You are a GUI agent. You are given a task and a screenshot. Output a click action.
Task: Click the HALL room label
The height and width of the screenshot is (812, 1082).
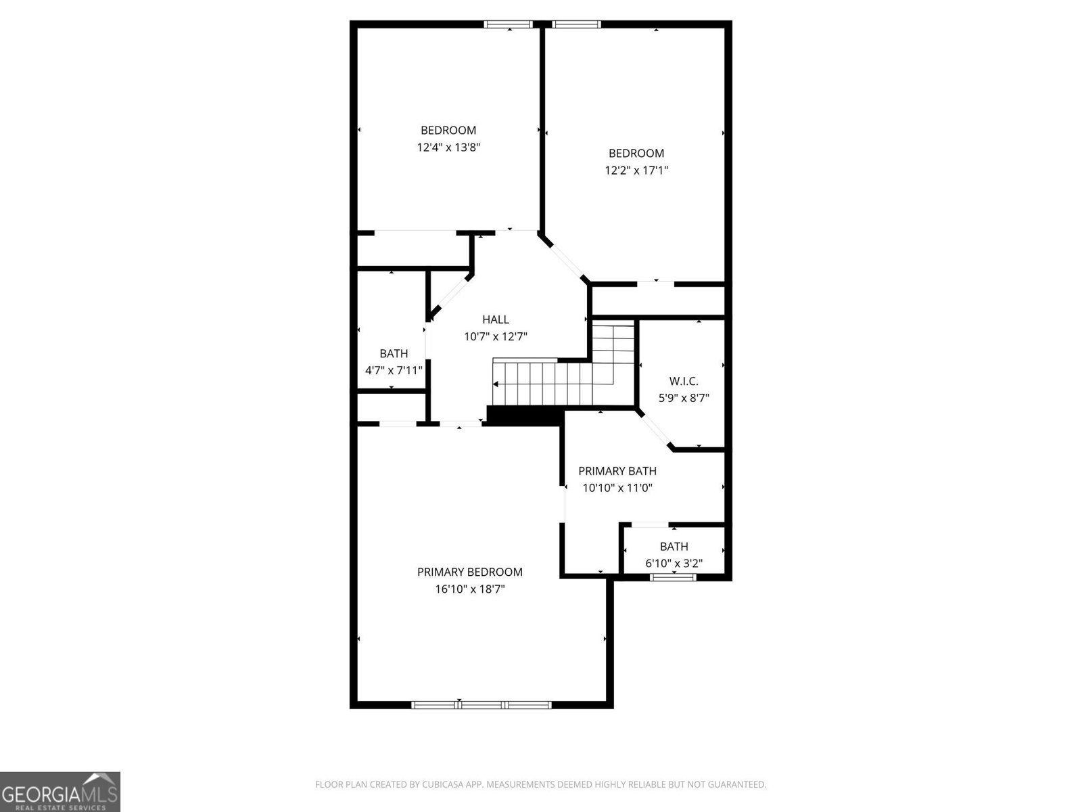495,319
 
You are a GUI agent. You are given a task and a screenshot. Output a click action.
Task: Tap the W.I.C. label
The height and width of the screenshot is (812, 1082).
683,382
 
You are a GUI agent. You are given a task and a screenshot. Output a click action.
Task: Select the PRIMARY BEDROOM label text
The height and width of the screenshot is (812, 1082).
469,572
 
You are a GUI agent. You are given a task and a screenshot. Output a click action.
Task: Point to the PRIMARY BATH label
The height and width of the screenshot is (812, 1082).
617,471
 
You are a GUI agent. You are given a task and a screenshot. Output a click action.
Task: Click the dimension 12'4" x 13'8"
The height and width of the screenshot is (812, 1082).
448,147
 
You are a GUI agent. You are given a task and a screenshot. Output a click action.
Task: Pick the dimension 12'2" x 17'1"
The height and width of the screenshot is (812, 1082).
636,170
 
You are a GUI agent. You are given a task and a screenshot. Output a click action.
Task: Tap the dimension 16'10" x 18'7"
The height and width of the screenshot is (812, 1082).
469,589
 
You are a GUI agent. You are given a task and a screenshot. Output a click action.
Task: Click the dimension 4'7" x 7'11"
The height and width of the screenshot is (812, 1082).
394,370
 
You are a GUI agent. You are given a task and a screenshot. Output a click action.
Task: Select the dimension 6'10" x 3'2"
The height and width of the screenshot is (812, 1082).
674,563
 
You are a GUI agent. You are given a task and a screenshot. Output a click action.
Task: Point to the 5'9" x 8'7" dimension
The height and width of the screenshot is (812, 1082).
684,399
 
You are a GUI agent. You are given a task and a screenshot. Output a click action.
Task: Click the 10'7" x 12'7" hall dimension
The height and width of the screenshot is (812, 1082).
495,336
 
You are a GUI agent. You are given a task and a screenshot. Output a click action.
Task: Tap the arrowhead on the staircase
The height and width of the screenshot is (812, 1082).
496,384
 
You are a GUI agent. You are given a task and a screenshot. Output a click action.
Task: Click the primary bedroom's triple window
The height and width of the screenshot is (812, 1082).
481,704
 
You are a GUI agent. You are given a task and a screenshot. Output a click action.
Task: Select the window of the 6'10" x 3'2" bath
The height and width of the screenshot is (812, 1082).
673,577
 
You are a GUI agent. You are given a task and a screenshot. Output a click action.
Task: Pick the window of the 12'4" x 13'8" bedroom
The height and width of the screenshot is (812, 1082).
509,25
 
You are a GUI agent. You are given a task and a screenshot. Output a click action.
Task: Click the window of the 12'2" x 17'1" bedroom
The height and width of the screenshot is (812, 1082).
576,25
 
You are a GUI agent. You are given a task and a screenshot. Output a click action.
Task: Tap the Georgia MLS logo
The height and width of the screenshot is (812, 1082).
60,791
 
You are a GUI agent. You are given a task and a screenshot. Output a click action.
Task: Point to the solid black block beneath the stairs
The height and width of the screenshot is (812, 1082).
525,415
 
